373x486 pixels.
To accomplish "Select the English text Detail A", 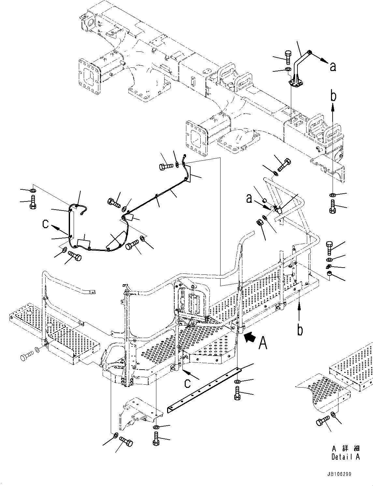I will pos(345,457).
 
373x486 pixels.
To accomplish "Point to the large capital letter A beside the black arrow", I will pos(263,343).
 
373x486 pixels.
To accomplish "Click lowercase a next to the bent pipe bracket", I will pos(332,67).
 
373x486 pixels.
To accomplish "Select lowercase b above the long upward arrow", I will pos(333,96).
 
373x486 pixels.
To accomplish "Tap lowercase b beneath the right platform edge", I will pos(300,330).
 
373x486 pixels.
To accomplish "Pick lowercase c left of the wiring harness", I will pos(46,224).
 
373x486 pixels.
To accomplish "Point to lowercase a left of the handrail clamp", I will pos(250,199).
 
